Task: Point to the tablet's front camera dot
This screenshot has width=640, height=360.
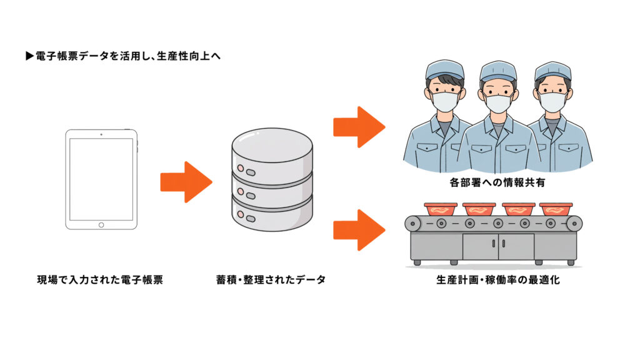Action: tap(101, 134)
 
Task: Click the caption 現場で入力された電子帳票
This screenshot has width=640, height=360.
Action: tap(101, 280)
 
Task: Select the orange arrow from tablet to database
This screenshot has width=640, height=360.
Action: tap(186, 182)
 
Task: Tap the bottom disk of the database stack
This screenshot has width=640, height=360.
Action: tap(271, 216)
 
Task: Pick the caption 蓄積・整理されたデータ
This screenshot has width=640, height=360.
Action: tap(271, 280)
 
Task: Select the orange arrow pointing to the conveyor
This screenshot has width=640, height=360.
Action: tap(358, 229)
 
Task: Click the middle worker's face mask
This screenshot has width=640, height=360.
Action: tap(498, 103)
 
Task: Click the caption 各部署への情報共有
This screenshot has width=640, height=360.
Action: tap(497, 184)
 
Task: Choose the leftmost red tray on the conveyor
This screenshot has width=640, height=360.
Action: tap(441, 209)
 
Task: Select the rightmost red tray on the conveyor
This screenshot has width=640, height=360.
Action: tap(555, 209)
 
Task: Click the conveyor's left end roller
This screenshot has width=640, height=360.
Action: tap(413, 223)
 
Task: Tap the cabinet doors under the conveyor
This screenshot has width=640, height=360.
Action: tap(498, 246)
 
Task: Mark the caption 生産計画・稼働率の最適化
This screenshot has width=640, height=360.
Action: tap(497, 280)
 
